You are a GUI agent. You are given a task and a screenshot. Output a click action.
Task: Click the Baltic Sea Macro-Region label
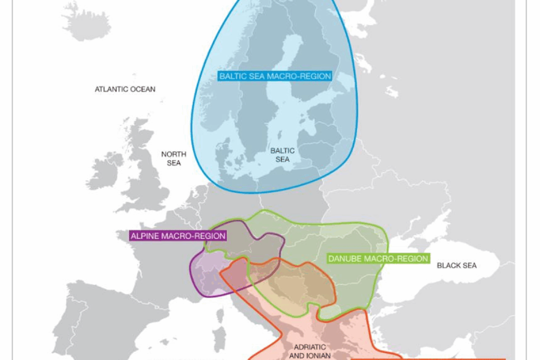click(275, 76)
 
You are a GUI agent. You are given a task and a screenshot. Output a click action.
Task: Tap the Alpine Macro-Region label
click(177, 235)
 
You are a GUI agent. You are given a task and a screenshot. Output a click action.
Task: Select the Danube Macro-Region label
click(378, 258)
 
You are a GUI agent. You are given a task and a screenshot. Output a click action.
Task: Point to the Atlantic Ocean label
click(125, 89)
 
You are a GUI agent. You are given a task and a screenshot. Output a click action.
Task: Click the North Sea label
click(173, 158)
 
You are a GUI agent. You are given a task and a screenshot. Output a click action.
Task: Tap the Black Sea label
click(456, 265)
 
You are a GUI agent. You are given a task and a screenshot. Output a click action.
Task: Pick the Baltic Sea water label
click(282, 154)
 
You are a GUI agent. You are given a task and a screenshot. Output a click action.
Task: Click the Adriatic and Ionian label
click(309, 351)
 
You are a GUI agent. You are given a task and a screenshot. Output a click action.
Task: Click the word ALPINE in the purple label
click(145, 235)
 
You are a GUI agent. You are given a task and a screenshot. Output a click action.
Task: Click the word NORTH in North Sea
click(173, 154)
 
